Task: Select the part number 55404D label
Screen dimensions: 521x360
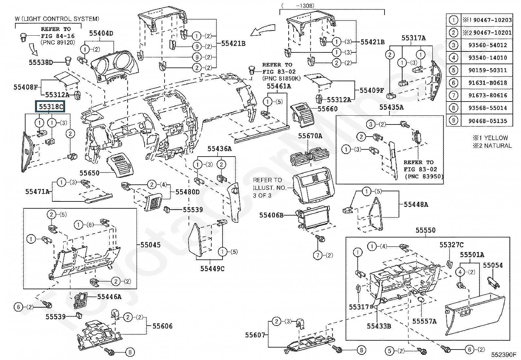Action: [x=101, y=33]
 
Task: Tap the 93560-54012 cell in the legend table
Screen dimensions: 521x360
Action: [x=488, y=45]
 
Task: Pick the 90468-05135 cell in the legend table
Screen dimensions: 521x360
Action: [x=488, y=121]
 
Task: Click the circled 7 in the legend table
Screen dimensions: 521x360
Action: [x=454, y=95]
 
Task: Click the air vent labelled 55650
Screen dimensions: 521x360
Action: [x=120, y=166]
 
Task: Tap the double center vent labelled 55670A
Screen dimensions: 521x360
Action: [x=310, y=157]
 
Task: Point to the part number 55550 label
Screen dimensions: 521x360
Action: [x=425, y=230]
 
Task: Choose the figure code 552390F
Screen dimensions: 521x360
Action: [x=504, y=355]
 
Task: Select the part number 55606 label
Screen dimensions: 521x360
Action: [x=163, y=326]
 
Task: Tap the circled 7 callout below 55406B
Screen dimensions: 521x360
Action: [x=318, y=255]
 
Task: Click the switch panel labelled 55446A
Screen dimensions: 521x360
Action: [x=81, y=300]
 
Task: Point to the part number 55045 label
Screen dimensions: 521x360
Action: [x=151, y=245]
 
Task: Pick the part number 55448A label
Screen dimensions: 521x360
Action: [x=416, y=204]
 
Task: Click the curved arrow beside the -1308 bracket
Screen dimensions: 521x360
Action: [x=262, y=30]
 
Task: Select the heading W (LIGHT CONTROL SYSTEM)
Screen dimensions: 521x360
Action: [x=57, y=19]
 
